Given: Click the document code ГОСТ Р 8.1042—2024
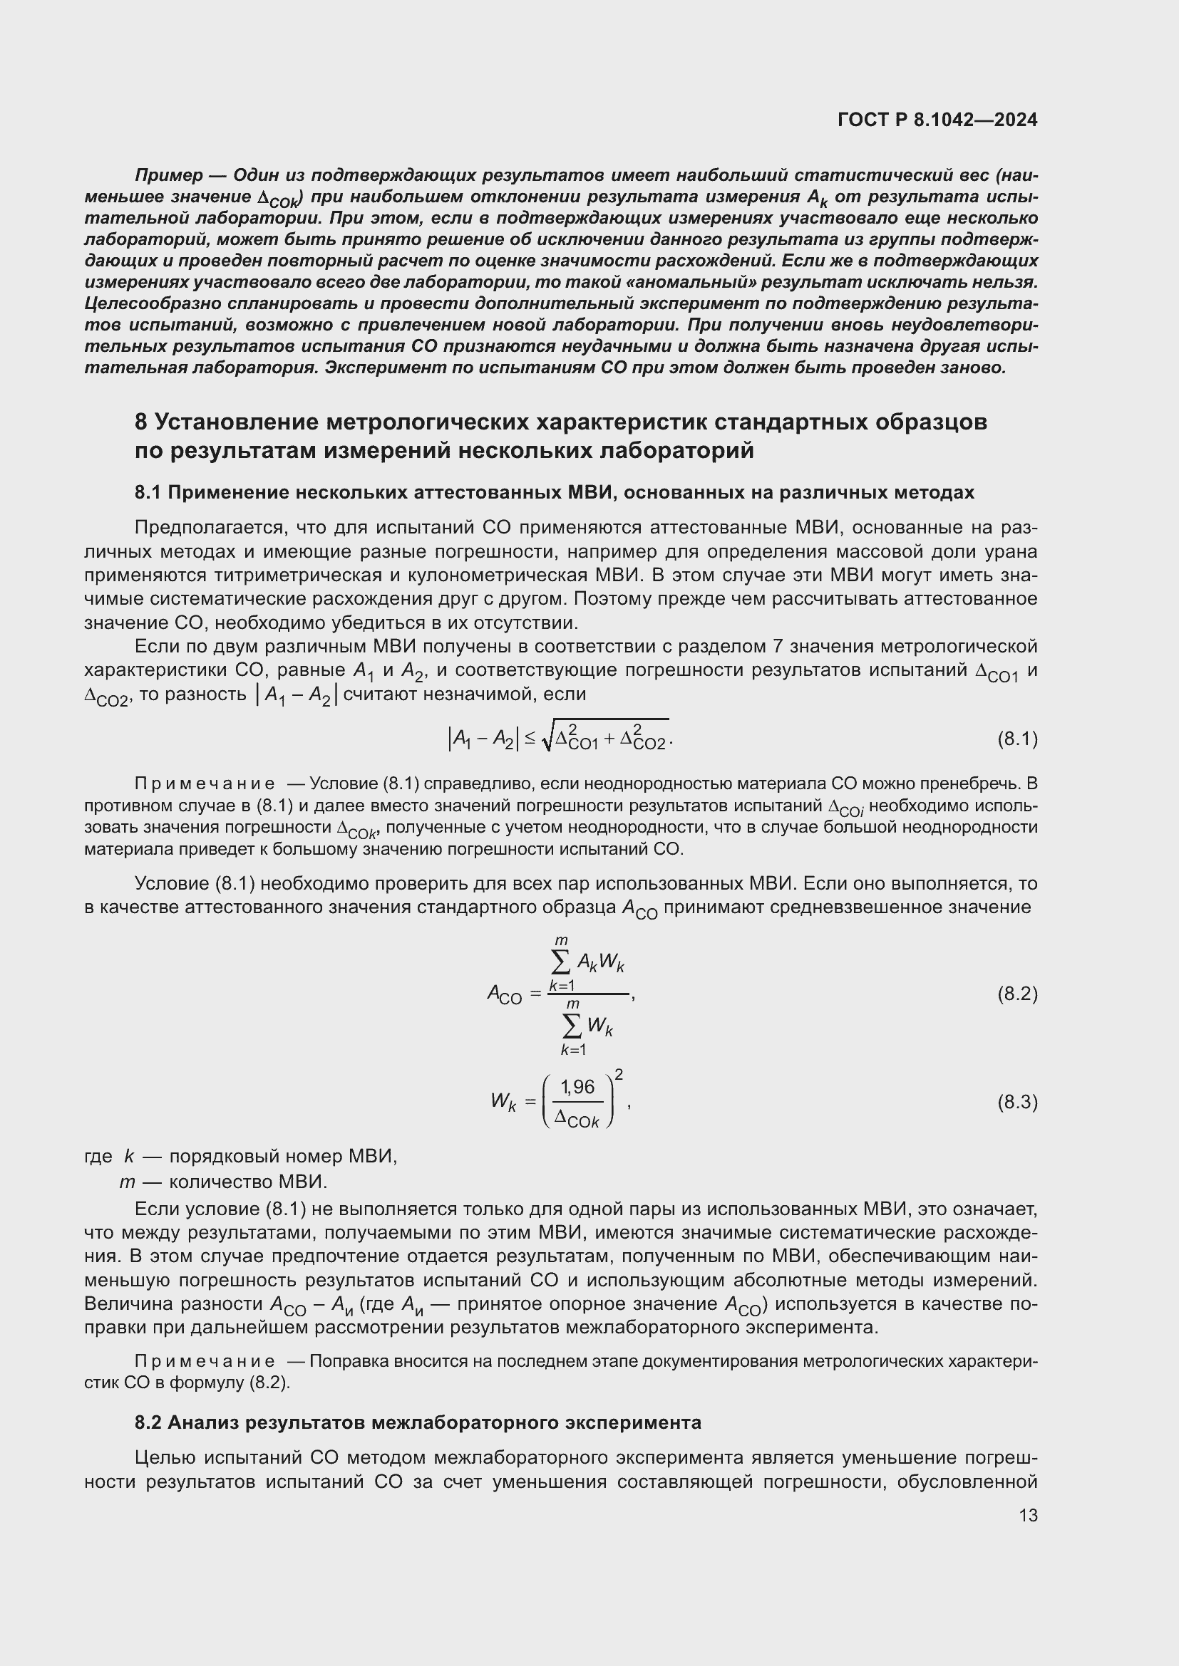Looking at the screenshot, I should coord(937,120).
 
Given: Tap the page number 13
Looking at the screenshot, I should coord(1028,1515).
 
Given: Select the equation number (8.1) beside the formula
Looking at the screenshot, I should coord(1017,739).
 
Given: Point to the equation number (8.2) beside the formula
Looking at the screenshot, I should coord(1017,994).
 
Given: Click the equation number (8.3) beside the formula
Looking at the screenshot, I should coord(1017,1102).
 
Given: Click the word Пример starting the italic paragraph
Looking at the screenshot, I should coord(169,176).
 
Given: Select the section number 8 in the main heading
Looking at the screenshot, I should coord(142,422).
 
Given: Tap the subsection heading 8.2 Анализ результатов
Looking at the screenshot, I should coord(418,1422).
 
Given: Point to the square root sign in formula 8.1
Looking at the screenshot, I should coord(547,737).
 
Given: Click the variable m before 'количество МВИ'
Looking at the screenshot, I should coord(127,1182).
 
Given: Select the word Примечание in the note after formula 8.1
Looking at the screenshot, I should coord(205,783).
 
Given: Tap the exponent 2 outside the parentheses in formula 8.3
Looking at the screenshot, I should coord(619,1073).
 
